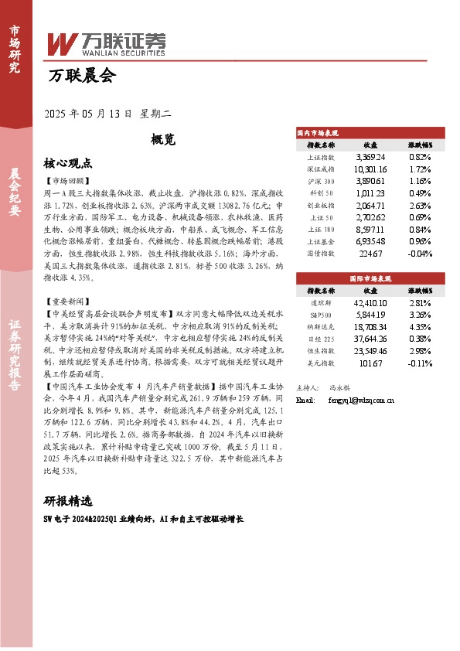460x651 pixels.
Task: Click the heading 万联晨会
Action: click(81, 76)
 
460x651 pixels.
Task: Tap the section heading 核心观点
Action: click(68, 163)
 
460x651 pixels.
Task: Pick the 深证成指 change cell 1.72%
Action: click(419, 168)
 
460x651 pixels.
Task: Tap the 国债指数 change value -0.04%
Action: click(419, 252)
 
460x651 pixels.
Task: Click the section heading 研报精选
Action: click(68, 499)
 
